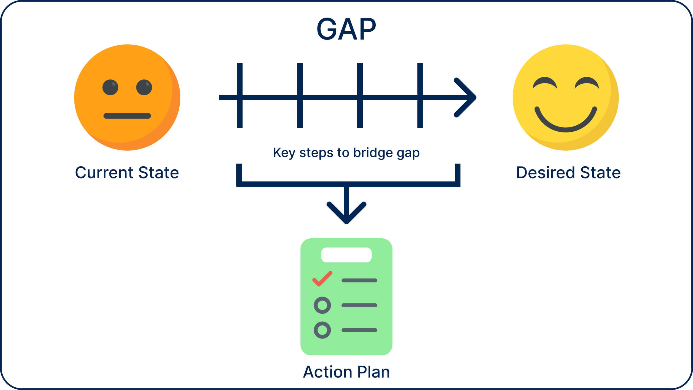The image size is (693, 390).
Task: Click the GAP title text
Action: click(346, 29)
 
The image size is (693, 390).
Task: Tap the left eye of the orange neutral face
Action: click(110, 87)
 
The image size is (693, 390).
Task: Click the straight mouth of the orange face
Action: click(127, 116)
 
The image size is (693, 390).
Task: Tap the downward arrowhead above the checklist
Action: click(346, 214)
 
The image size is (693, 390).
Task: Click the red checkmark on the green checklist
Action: click(322, 279)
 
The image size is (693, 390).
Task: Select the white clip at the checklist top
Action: click(346, 255)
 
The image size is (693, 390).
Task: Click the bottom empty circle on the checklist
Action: click(322, 330)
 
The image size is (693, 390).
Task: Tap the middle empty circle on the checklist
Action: click(322, 305)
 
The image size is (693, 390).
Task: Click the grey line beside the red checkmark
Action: click(359, 280)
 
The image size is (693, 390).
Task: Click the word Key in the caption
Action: click(284, 153)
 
